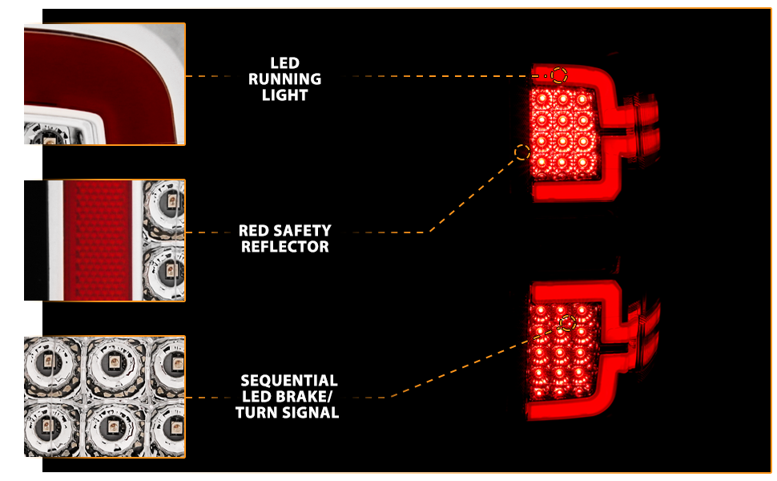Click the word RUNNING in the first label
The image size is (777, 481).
pos(284,79)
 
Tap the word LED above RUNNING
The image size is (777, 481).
pos(285,63)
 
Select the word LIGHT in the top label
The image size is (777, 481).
pos(285,95)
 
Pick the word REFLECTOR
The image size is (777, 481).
pos(285,246)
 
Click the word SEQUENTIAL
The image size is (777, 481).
pos(289,380)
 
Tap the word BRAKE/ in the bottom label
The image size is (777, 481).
pos(303,396)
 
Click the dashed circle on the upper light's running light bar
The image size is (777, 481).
pos(559,75)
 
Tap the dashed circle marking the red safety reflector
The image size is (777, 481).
pos(521,152)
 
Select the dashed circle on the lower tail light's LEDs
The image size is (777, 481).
pos(568,323)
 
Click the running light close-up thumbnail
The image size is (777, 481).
pos(105,84)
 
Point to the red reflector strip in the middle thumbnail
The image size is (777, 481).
pos(98,240)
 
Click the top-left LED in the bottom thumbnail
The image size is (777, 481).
pos(48,361)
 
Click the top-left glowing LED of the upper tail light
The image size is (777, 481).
pos(541,98)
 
